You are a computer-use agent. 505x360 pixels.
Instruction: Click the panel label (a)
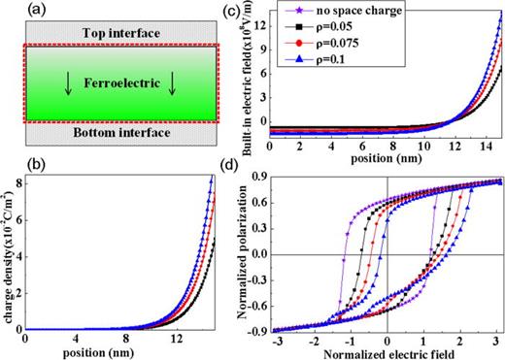pos(15,9)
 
